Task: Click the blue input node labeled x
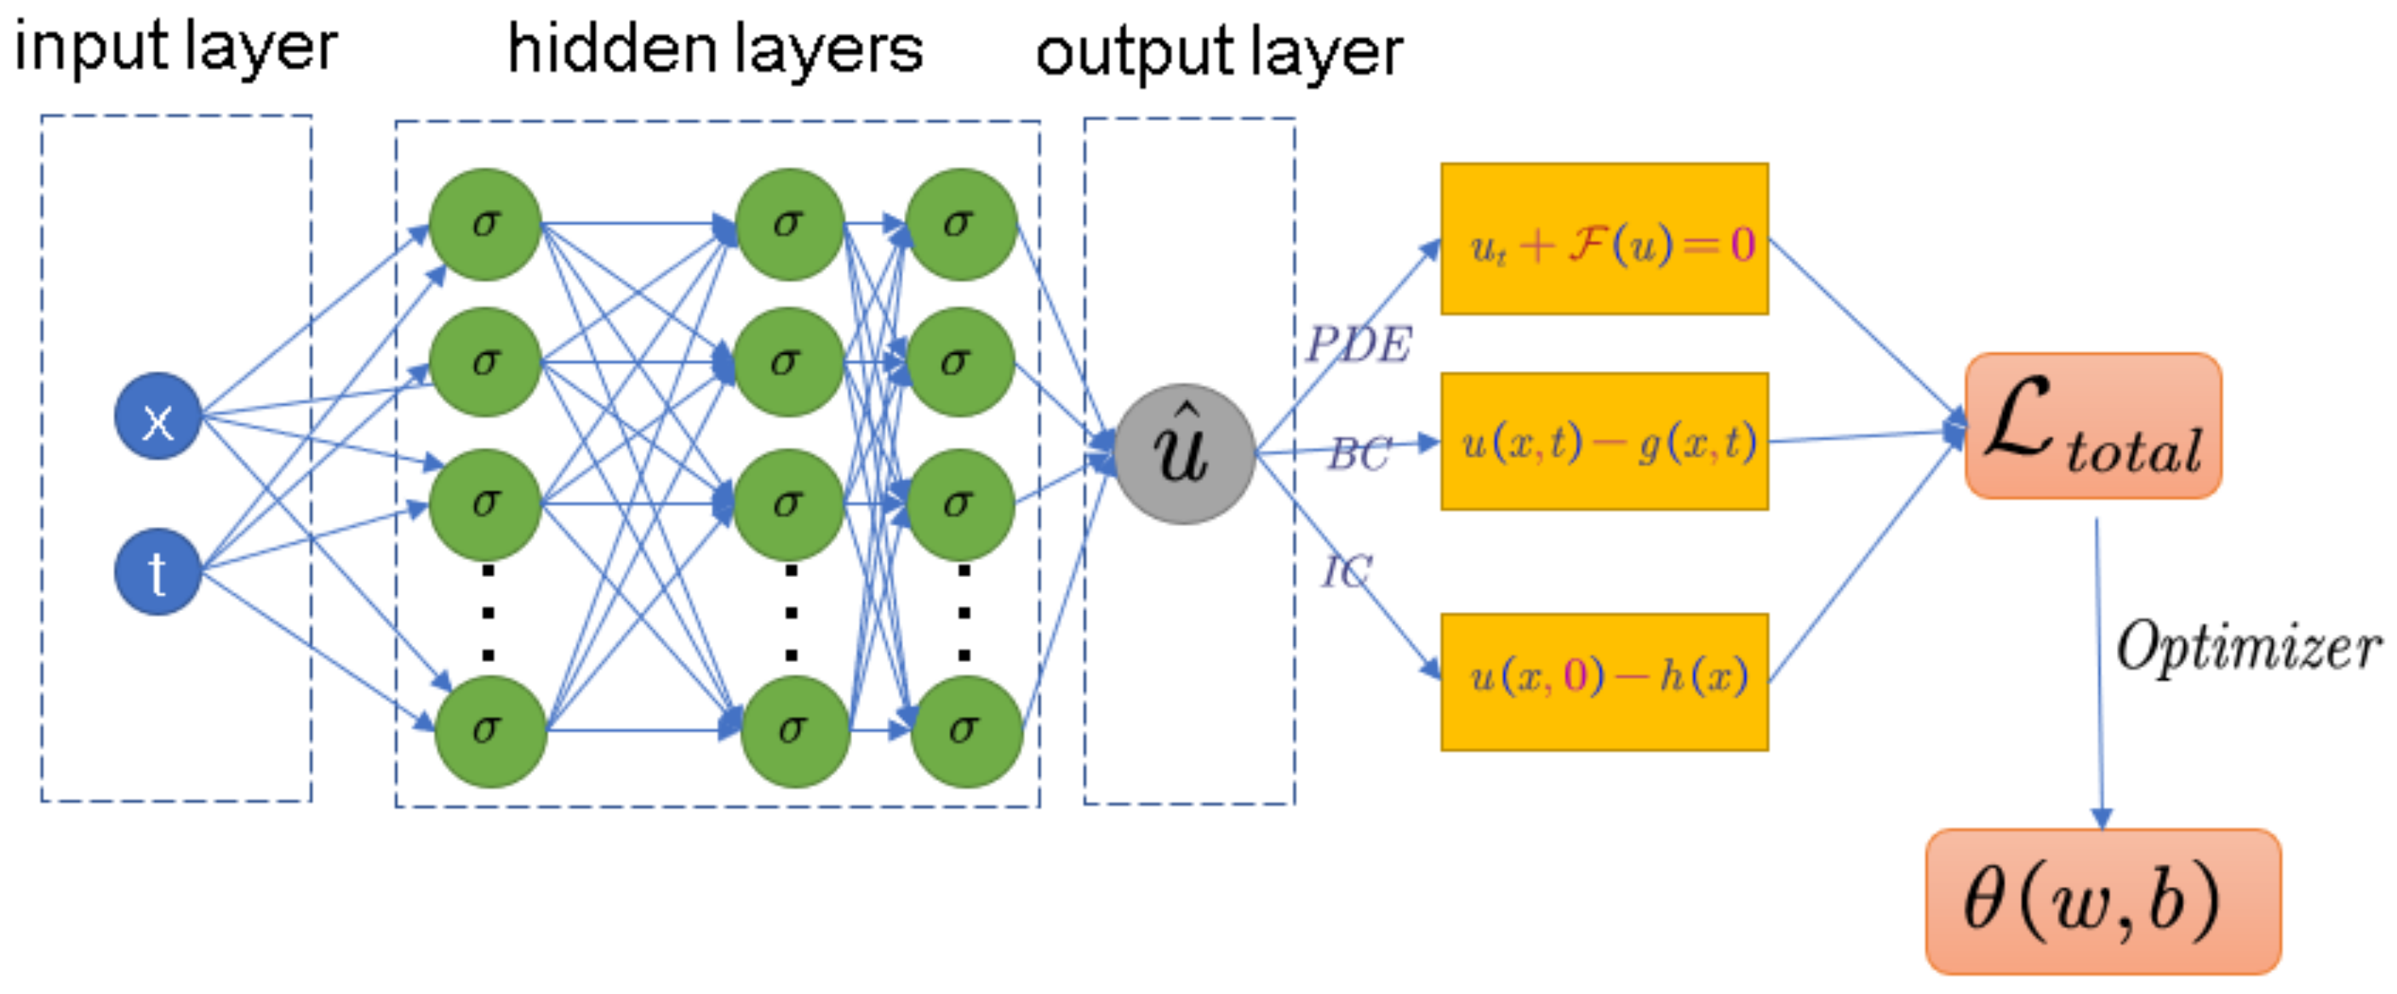point(157,416)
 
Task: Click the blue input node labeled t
point(157,571)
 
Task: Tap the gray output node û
point(1184,454)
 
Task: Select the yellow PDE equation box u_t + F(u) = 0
point(1604,239)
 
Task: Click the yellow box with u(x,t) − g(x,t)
point(1604,441)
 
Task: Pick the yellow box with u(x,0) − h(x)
point(1604,682)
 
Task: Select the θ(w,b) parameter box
point(2102,901)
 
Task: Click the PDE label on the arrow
point(1358,345)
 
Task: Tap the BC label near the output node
point(1359,454)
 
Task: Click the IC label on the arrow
point(1346,570)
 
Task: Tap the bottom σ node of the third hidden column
point(965,731)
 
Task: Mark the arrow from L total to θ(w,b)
point(2098,670)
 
